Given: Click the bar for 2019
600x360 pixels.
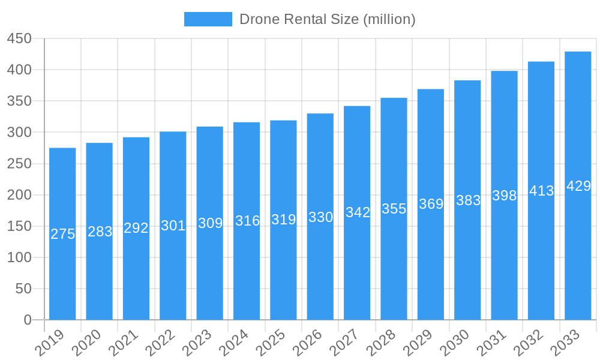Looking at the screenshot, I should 62,234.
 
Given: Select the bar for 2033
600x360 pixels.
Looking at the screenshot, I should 578,186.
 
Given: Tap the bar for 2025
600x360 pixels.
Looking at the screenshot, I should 283,220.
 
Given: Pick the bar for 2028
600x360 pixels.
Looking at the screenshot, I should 394,209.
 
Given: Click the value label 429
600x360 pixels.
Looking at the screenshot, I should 578,187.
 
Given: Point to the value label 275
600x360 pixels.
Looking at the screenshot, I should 62,235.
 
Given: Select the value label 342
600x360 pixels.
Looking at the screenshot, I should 358,212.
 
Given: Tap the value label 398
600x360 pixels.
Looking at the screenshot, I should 505,196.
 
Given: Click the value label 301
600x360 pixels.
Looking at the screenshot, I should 173,226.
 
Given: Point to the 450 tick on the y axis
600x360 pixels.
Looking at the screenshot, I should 19,38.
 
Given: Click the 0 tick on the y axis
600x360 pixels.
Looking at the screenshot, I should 28,320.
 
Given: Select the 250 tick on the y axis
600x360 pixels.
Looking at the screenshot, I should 19,164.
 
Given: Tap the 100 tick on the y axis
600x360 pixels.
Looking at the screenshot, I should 19,257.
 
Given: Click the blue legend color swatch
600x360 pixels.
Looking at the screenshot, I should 208,19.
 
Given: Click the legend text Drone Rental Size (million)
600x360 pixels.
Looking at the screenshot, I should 327,19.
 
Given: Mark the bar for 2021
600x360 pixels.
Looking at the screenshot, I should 136,229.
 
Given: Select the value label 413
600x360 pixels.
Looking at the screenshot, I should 541,191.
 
